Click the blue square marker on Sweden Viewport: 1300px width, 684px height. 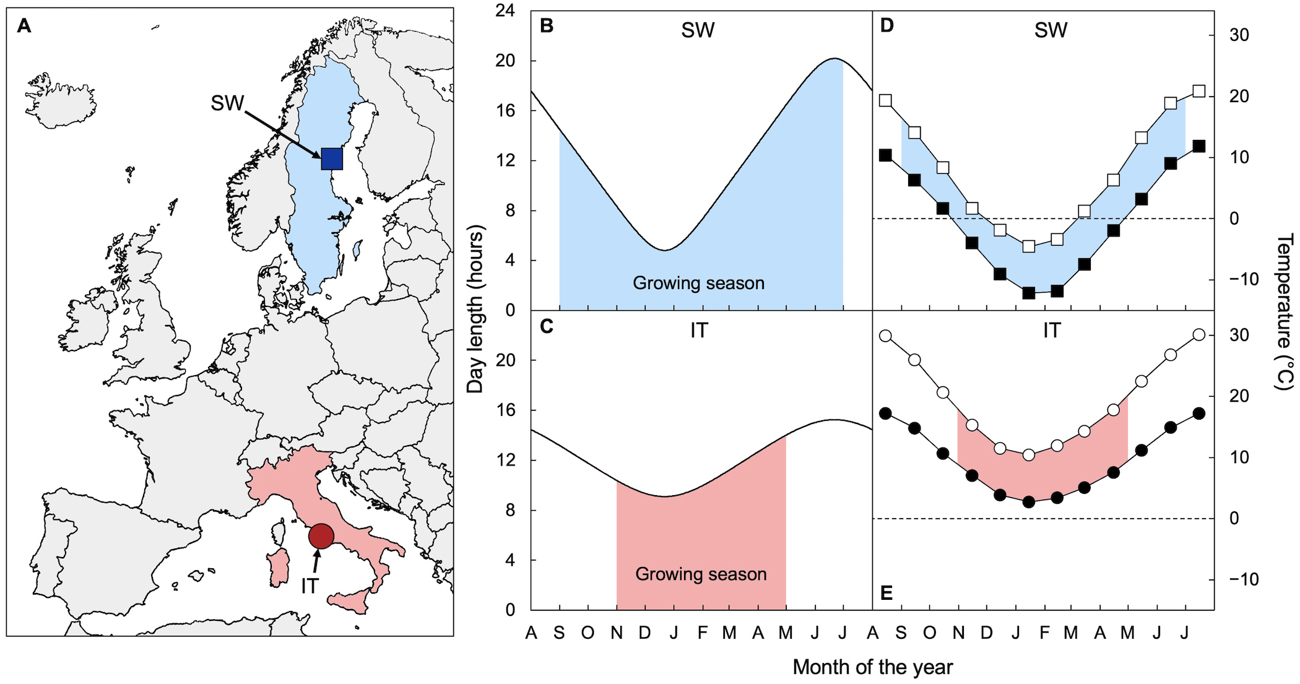pos(332,159)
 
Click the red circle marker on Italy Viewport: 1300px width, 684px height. pos(321,536)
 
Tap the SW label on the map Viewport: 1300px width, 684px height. pos(227,103)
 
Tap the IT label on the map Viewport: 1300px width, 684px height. pos(310,586)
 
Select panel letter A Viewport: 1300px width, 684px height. pos(24,26)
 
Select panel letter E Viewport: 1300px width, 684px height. pos(886,593)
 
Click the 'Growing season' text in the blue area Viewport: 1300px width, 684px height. pos(698,284)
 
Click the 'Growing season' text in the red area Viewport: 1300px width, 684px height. pos(701,574)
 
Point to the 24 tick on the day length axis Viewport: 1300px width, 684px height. pos(505,11)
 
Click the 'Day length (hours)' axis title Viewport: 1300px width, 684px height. pos(475,310)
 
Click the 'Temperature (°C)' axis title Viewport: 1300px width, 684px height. pos(1284,311)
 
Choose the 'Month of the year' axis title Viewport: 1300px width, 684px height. pos(872,667)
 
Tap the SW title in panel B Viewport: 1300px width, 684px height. pos(698,30)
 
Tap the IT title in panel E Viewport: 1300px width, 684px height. pos(1051,331)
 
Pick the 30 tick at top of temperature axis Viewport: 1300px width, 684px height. pos(1239,35)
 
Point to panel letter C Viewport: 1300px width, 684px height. pos(547,326)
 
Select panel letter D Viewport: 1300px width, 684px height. pos(886,26)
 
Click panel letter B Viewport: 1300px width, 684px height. pos(547,26)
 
